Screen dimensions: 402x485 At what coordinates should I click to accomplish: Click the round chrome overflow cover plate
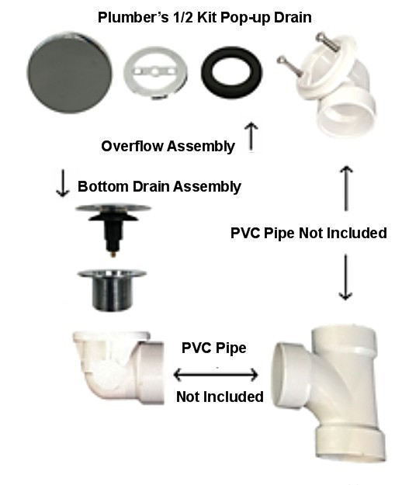(x=70, y=73)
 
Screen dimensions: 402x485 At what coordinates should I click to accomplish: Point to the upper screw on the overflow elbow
(x=327, y=41)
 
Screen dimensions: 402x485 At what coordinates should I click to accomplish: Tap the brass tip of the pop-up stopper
(x=113, y=255)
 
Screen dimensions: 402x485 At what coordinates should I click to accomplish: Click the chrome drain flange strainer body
(x=112, y=289)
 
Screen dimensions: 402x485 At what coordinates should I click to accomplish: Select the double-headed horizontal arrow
(x=216, y=375)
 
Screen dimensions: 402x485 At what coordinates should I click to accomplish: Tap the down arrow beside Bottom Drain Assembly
(x=63, y=183)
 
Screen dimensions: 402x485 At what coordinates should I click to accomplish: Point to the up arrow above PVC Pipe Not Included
(x=346, y=189)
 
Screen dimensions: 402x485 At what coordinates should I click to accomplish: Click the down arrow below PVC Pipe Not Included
(x=345, y=277)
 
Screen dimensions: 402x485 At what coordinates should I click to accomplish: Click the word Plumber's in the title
(x=133, y=17)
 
